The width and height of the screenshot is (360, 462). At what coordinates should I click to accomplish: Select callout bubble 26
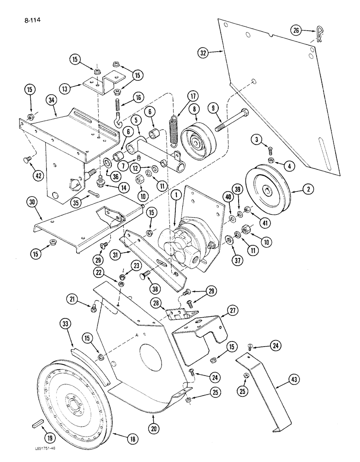(297, 30)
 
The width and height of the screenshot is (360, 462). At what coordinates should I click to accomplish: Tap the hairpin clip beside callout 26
(318, 34)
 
